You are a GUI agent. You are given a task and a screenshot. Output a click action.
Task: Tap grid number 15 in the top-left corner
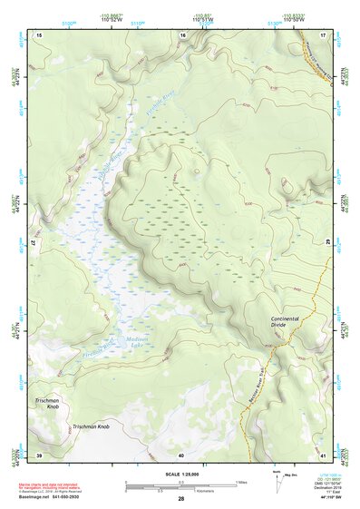click(38, 34)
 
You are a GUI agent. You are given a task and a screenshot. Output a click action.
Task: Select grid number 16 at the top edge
click(182, 34)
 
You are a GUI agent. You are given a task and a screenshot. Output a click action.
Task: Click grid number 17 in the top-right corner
click(324, 34)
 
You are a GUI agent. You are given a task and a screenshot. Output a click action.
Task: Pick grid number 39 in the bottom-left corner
click(38, 454)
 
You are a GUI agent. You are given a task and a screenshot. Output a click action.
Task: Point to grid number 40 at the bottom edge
click(181, 454)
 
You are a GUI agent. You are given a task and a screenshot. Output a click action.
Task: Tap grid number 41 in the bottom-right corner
click(324, 454)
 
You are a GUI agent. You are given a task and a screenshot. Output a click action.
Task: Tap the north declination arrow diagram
click(277, 484)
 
